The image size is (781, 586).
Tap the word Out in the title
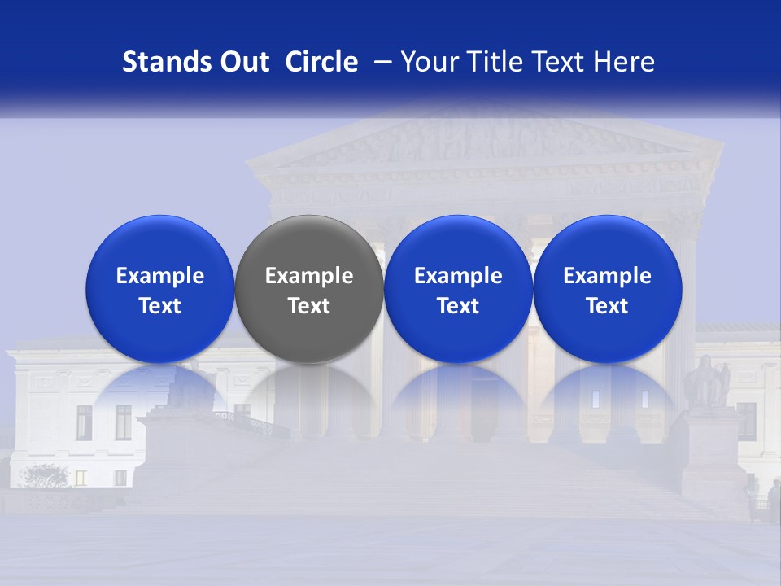[242, 63]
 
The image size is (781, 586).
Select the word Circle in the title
[321, 63]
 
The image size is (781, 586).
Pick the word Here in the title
[625, 63]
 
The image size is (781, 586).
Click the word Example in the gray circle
[309, 277]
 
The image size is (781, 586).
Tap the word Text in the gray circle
[309, 306]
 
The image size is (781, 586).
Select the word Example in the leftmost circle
[159, 277]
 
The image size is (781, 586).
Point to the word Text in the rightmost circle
[607, 306]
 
